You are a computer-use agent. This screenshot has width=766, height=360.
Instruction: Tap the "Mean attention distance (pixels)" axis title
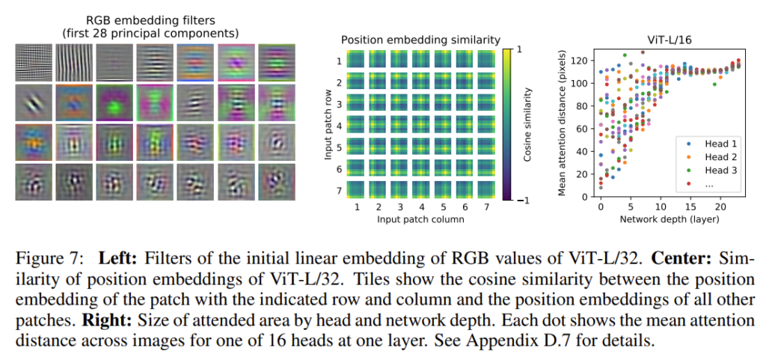coord(563,123)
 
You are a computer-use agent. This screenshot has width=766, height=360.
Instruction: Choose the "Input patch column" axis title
coord(420,219)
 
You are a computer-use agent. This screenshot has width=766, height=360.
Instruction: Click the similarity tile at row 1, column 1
coord(357,61)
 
